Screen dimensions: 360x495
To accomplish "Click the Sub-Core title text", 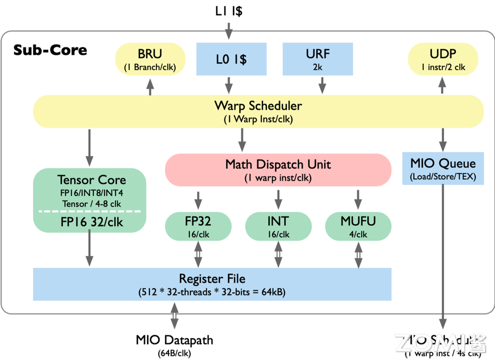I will point(50,50).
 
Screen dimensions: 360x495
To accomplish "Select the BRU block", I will point(150,59).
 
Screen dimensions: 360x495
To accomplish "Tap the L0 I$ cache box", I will point(231,59).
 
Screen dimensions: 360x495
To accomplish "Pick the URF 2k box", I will point(318,59).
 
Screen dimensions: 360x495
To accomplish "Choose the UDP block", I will point(443,59).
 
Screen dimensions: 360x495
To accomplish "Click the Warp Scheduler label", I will point(258,106).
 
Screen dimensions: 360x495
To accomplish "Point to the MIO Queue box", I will point(443,168).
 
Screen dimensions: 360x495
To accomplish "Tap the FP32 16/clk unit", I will point(198,227).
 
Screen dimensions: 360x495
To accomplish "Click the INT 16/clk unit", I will point(278,227).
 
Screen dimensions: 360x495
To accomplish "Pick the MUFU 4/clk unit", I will point(358,227).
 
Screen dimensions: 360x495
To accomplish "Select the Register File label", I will point(212,279).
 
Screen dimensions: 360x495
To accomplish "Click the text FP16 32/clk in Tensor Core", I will point(90,222).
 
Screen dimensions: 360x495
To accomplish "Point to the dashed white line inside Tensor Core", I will point(90,211).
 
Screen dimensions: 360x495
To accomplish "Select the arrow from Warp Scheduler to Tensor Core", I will point(89,147).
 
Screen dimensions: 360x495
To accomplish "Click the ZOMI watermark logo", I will point(440,343).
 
